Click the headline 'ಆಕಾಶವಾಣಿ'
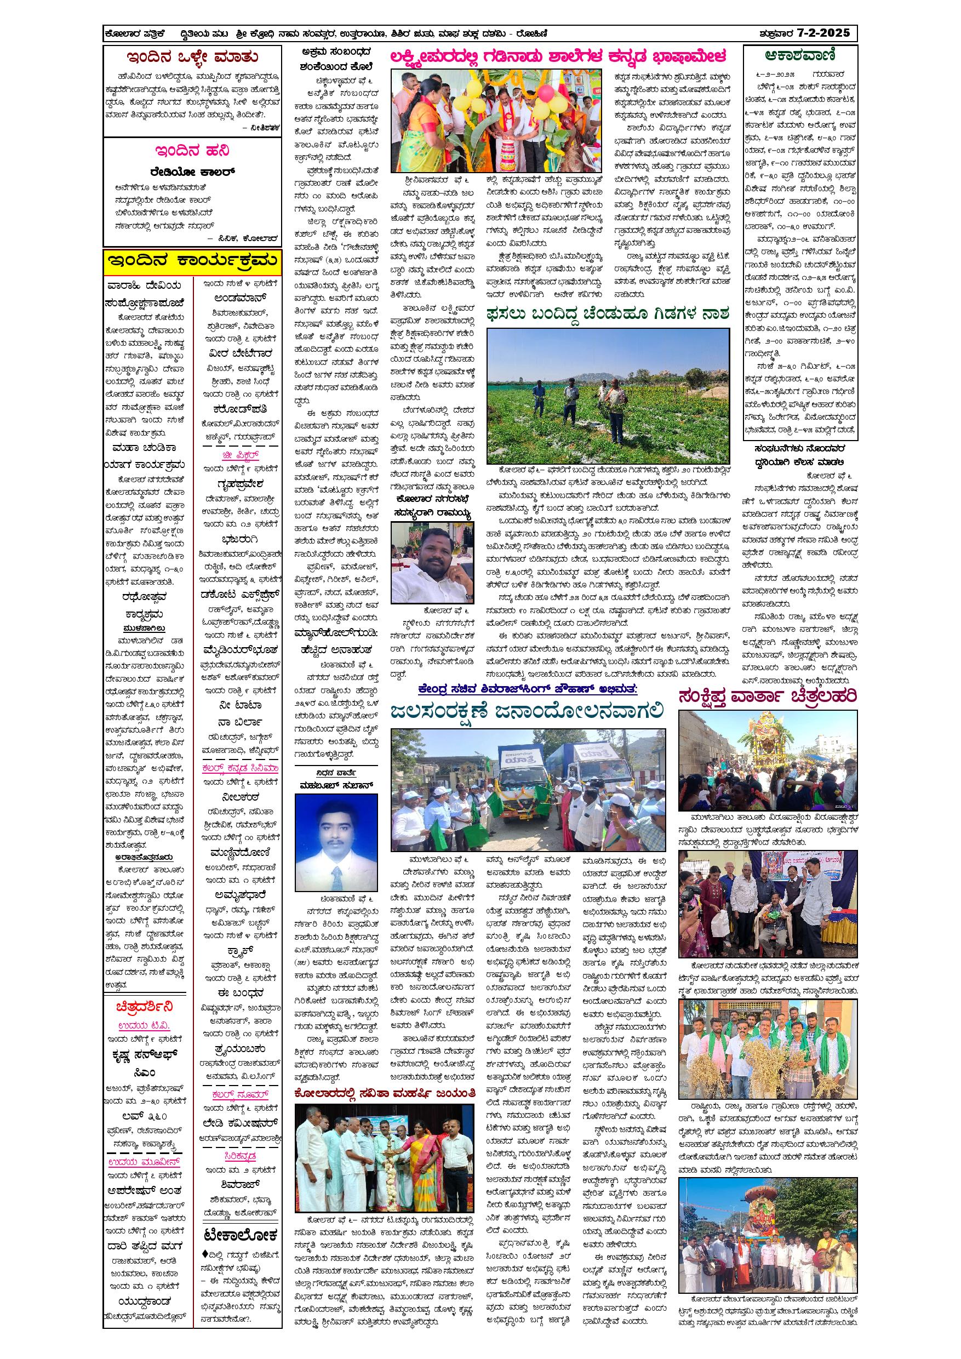click(x=800, y=56)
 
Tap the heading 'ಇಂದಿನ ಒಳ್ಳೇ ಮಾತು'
click(x=192, y=58)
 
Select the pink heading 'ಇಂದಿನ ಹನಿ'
click(x=192, y=150)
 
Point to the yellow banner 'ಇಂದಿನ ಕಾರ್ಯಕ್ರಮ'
click(x=192, y=260)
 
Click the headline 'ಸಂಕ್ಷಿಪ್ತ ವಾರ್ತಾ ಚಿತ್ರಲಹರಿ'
click(x=768, y=696)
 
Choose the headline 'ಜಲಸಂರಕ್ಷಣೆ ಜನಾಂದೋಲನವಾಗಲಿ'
click(x=527, y=711)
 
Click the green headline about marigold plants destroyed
click(x=608, y=312)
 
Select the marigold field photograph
click(x=608, y=396)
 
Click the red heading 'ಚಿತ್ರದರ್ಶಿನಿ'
click(x=145, y=1006)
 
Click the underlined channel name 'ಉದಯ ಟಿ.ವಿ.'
click(x=145, y=1025)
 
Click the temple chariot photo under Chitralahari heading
click(x=768, y=761)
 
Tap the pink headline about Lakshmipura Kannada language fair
click(x=557, y=57)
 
